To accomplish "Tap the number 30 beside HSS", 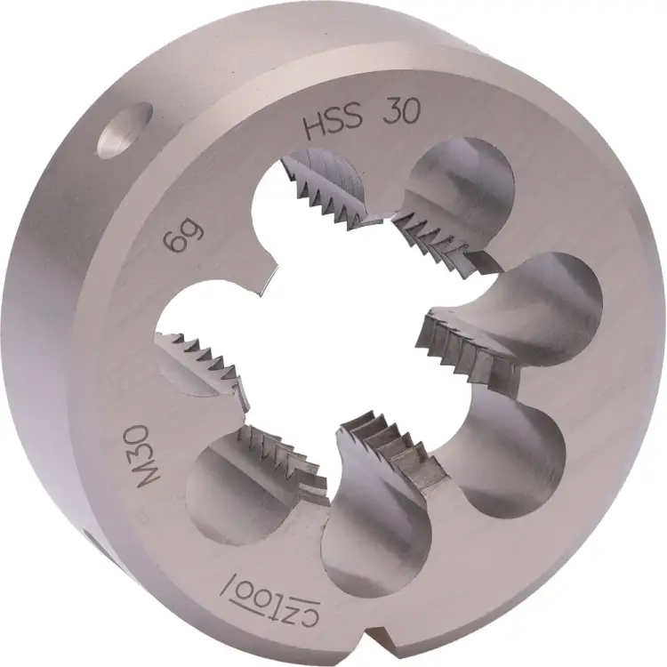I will (x=401, y=114).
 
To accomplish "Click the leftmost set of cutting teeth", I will (x=200, y=356).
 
